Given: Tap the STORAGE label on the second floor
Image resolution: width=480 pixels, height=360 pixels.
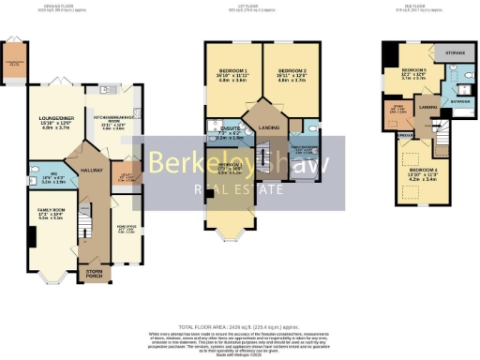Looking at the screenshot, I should click(x=457, y=54).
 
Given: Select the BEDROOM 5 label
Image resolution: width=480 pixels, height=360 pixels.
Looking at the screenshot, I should click(x=413, y=71).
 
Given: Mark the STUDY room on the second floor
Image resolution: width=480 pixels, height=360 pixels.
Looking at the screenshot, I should click(x=397, y=109).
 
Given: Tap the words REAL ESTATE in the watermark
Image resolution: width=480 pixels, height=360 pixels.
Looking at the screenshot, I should click(x=239, y=190).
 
